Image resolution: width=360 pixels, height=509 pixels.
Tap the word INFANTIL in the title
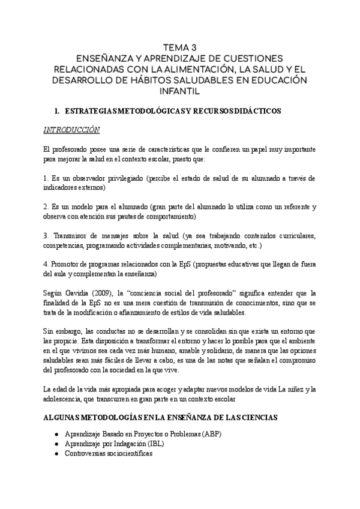point(180,92)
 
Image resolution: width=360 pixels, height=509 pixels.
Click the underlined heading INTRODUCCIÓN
point(71,130)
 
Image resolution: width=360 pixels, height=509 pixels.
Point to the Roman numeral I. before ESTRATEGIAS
point(56,111)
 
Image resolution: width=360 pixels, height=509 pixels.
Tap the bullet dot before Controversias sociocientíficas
point(56,454)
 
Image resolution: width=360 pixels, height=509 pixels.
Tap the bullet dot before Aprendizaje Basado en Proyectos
point(56,433)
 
